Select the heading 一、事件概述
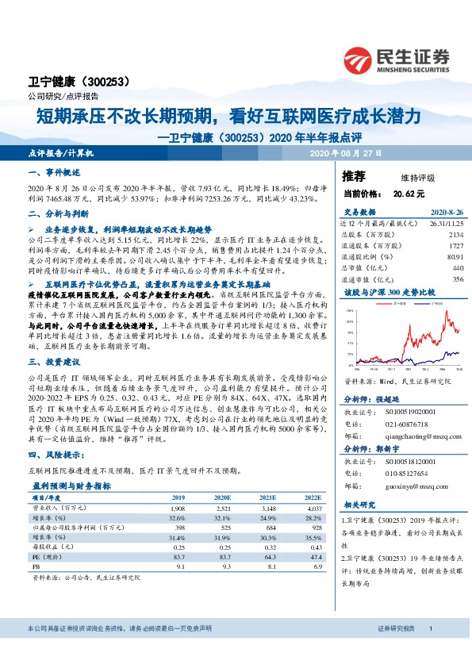click(x=54, y=172)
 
